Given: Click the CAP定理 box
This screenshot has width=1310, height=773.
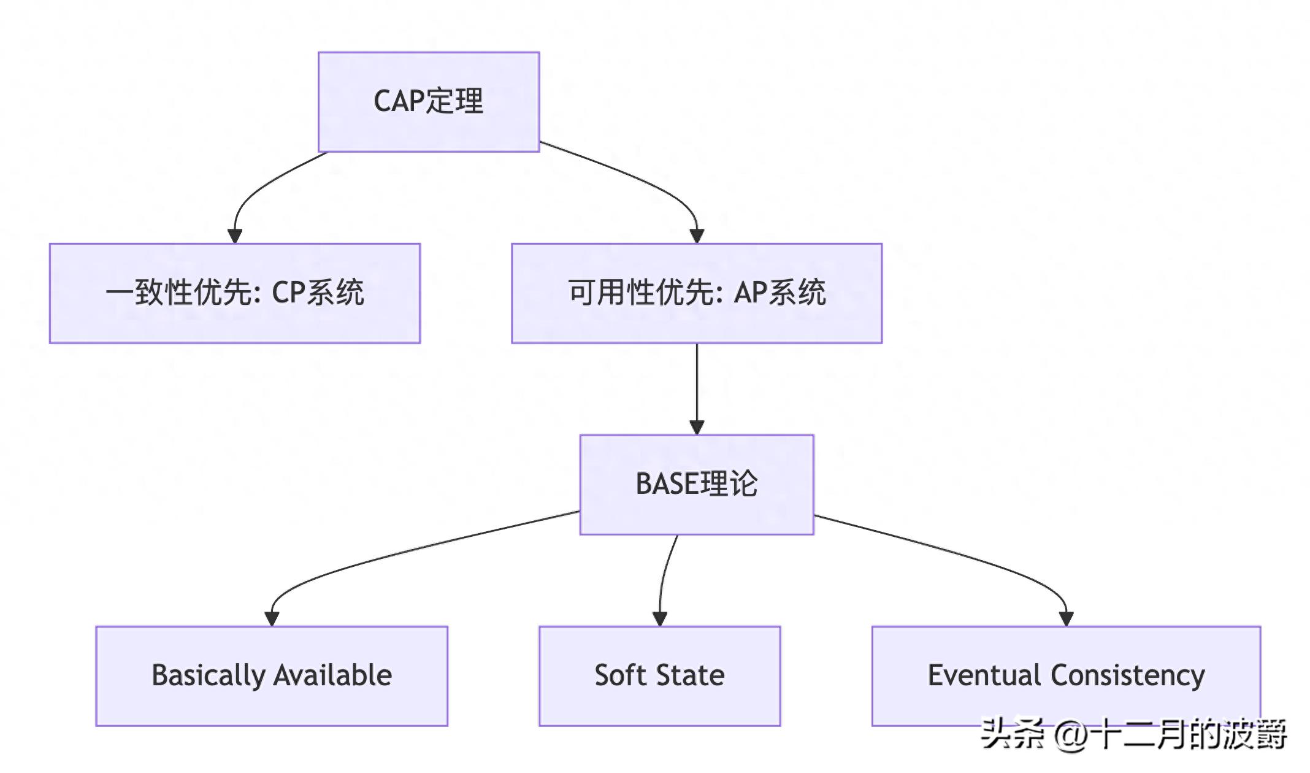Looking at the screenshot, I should (428, 102).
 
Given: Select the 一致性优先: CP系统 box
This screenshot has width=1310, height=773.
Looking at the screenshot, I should (234, 293).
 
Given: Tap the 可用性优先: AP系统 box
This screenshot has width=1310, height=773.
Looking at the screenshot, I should (696, 293).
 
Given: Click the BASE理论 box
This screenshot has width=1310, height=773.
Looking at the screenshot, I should (696, 485).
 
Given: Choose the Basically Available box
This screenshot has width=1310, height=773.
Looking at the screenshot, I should (271, 676).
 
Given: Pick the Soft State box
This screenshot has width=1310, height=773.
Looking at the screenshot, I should (659, 676).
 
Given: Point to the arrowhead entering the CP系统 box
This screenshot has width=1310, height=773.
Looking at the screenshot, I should (234, 236).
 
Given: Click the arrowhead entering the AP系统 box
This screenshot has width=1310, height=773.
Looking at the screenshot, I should (696, 236).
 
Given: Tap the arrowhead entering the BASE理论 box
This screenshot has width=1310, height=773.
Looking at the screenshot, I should (696, 428).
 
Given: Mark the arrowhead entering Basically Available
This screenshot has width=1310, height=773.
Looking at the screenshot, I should (272, 619).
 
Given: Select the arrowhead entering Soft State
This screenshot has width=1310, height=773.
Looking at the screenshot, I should (659, 619).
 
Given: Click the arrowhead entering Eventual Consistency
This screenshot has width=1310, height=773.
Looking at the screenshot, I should (1066, 619).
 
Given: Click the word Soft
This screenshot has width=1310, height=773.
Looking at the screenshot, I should (620, 675).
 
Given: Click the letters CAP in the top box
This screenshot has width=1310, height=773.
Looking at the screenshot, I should (399, 102).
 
